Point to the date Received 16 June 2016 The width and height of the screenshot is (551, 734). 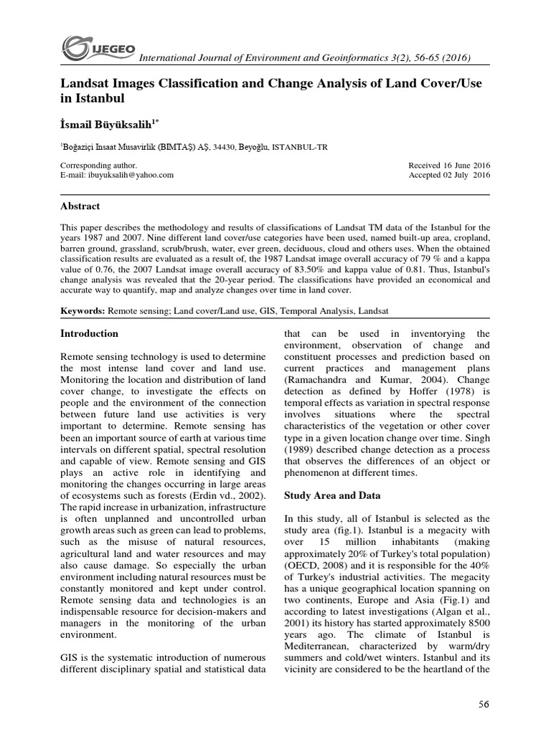tap(448, 164)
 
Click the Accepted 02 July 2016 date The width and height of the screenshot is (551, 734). tap(448, 174)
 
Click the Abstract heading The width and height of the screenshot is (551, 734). tap(80, 206)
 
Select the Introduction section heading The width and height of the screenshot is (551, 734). tap(90, 333)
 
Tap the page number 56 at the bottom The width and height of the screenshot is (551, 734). tap(483, 704)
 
